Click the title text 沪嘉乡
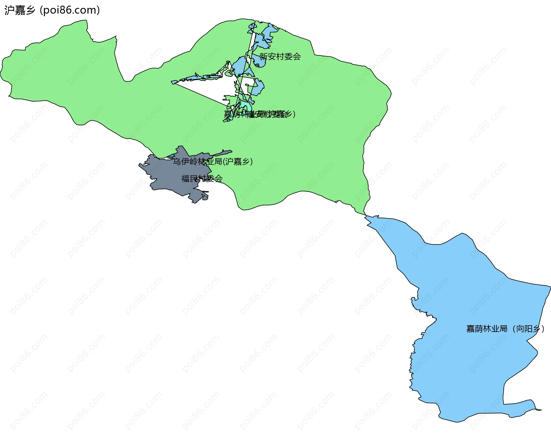pos(20,10)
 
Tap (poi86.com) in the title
pos(70,10)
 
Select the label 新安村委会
pos(280,57)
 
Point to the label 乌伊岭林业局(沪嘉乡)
pos(212,162)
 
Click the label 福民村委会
pos(202,179)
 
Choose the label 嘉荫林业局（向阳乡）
pos(505,329)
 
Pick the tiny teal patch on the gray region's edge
pos(171,156)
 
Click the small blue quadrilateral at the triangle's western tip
pos(174,82)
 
